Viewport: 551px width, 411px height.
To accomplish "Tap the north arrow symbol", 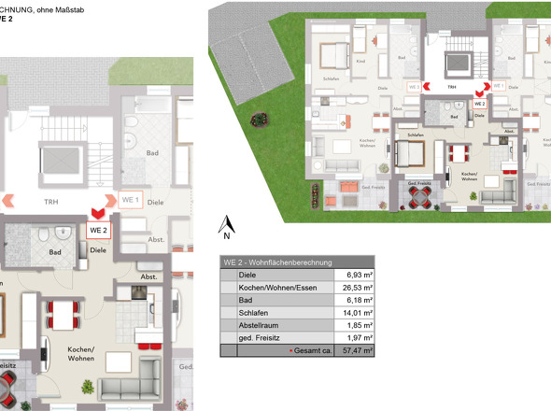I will (x=225, y=224).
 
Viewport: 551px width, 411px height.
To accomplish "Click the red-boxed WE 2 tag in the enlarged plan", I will (x=99, y=229).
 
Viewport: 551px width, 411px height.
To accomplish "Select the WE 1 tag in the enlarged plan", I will (x=131, y=200).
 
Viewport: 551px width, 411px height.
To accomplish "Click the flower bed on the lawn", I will (x=260, y=119).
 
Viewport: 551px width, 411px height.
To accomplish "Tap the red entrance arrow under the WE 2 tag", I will (x=97, y=213).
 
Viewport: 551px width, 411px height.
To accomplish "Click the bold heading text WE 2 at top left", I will (x=7, y=17).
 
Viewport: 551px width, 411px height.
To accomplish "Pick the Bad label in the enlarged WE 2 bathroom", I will (x=55, y=252).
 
